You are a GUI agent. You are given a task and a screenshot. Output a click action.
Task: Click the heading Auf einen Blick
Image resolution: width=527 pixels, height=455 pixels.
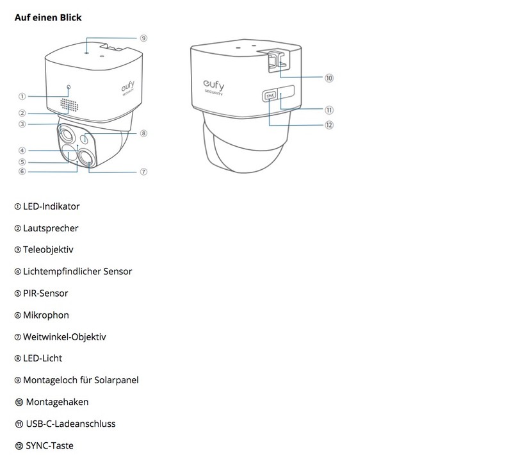[x=48, y=17]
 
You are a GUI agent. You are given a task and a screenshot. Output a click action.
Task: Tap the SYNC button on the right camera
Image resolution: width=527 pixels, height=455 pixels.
[x=269, y=95]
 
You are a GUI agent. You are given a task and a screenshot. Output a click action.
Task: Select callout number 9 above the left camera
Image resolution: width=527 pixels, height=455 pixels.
[x=143, y=38]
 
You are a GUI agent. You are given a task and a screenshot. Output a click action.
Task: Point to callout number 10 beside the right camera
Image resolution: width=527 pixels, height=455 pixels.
[x=329, y=78]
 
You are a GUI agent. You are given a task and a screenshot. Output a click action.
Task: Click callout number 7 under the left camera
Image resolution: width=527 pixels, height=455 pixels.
[x=143, y=172]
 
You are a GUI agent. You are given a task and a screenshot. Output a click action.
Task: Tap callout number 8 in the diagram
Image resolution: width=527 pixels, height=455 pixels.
[x=143, y=134]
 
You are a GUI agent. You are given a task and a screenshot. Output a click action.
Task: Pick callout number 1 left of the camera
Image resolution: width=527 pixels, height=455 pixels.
[x=22, y=97]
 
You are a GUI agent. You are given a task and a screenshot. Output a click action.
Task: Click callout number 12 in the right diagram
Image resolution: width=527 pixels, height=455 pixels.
[x=329, y=125]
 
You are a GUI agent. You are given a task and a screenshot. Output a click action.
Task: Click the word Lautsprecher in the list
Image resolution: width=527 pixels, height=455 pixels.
[x=51, y=228]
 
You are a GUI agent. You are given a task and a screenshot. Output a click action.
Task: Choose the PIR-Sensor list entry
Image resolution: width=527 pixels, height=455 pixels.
[x=45, y=294]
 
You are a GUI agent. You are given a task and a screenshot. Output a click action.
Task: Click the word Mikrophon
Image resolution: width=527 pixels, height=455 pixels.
[x=46, y=315]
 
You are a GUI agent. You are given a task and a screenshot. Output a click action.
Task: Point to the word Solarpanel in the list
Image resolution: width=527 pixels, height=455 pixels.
[x=117, y=380]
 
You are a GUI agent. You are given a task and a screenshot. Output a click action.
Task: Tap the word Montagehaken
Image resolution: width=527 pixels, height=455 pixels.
[x=57, y=402]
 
